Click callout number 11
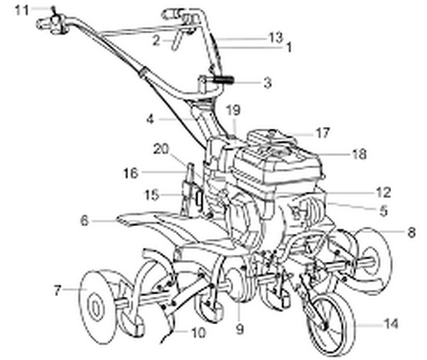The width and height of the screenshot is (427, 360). click(x=22, y=10)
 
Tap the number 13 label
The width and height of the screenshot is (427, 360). click(x=275, y=38)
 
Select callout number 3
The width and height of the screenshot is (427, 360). click(x=267, y=83)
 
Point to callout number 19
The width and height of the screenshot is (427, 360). click(x=233, y=110)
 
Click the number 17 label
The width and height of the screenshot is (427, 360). click(x=323, y=132)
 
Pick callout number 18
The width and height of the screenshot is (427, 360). click(x=360, y=154)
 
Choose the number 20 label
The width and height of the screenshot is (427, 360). click(x=161, y=149)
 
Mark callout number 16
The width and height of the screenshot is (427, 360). click(x=131, y=173)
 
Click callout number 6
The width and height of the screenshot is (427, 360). click(x=85, y=221)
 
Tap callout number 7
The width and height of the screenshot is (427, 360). click(x=57, y=291)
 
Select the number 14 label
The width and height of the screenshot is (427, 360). click(x=391, y=323)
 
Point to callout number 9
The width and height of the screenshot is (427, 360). click(x=240, y=329)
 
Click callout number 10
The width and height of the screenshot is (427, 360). click(x=198, y=333)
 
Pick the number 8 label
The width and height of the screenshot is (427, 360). click(x=412, y=232)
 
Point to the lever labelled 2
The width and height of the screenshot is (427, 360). click(x=175, y=42)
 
